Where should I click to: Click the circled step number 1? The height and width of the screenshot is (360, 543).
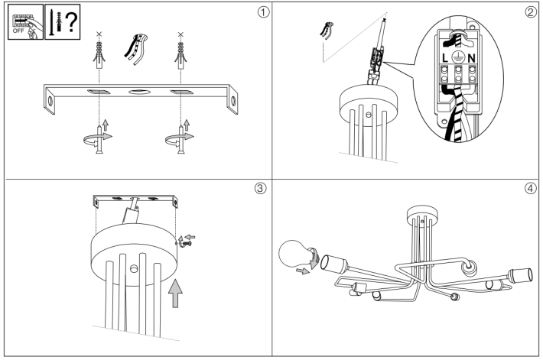[x=263, y=13]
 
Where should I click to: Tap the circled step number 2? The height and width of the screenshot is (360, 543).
[x=530, y=13]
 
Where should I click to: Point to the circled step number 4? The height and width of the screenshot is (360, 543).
[x=530, y=190]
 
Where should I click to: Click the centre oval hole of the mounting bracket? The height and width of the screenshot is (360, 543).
[x=138, y=92]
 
